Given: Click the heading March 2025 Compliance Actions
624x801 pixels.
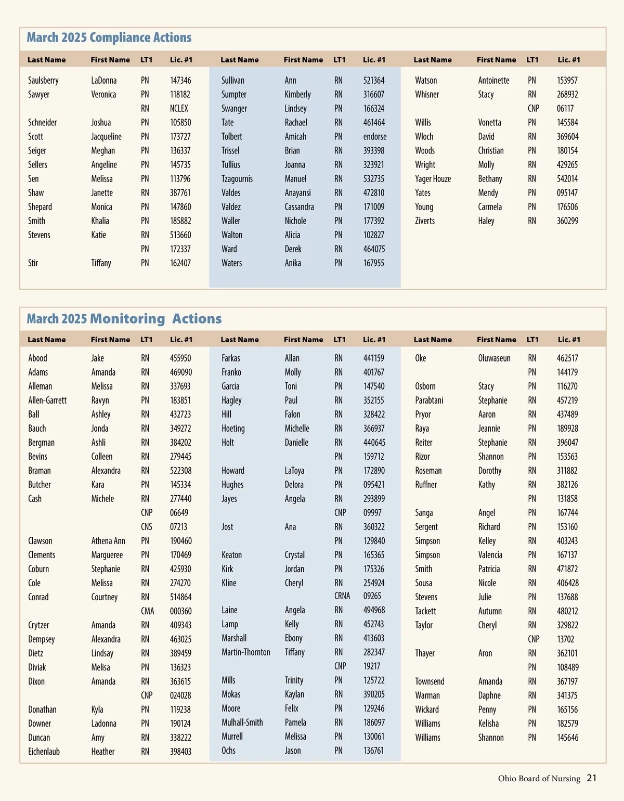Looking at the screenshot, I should pos(109,38).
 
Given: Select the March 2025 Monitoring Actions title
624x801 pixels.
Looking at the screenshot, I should pos(124,319).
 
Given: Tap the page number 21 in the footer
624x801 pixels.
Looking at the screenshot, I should pos(592,778).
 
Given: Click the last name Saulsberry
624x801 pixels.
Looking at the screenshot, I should pos(43,81).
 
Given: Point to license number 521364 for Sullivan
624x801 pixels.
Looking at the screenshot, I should pos(374,81).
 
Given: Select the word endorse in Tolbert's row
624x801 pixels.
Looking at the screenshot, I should pos(375,137).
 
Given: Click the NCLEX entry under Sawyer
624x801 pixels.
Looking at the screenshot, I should pos(179,109).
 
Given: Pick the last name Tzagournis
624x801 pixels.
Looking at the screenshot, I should pos(237,179).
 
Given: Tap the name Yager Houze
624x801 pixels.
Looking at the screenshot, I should pos(433,179).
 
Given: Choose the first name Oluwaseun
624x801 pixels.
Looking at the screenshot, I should pos(495,358).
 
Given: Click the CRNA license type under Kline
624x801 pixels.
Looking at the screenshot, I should pos(342,596).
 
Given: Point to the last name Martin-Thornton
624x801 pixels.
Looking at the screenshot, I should pos(246,652).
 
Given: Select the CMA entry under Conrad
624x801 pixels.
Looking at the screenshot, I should pos(148,611).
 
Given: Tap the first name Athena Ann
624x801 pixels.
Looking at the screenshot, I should pos(108,541).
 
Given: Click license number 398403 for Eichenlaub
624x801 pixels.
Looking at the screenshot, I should pos(180,752).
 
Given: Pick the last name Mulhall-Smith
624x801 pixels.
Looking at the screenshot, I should pos(242,722).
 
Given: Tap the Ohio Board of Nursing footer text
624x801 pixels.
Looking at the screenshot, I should pos(539,779).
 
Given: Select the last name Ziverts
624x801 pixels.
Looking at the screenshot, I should pos(425,221).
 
